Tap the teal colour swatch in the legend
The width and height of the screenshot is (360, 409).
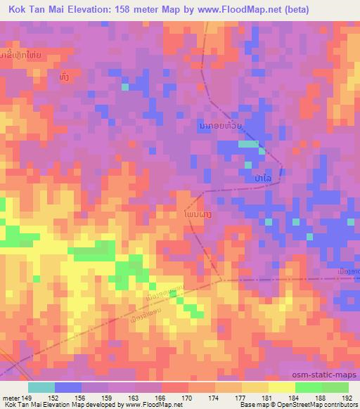(41, 387)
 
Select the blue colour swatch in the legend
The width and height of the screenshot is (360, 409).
(67, 387)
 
